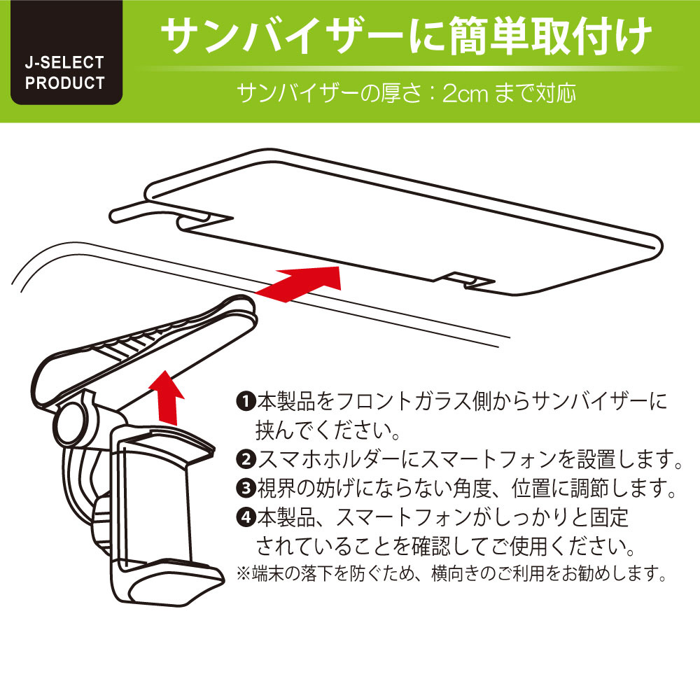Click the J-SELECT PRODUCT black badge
pyautogui.click(x=66, y=52)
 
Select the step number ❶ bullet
pyautogui.click(x=246, y=401)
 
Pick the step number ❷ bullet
pyautogui.click(x=246, y=459)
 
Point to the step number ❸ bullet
pyautogui.click(x=246, y=488)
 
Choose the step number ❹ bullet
pyautogui.click(x=246, y=517)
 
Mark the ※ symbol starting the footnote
pyautogui.click(x=244, y=573)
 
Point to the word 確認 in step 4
pyautogui.click(x=430, y=546)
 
